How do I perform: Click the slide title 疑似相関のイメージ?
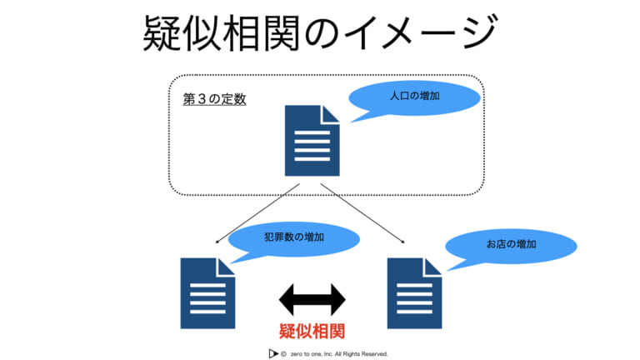click(x=320, y=32)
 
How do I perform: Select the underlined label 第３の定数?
click(x=214, y=99)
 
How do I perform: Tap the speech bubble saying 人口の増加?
click(x=415, y=98)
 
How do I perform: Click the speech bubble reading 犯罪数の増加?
click(x=294, y=239)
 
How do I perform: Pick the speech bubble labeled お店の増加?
click(x=512, y=246)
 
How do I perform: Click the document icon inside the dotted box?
click(x=312, y=141)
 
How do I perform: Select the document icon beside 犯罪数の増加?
click(x=207, y=293)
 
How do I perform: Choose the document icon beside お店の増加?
click(x=414, y=293)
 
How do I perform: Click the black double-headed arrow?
click(x=312, y=300)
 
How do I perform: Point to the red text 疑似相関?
click(x=312, y=331)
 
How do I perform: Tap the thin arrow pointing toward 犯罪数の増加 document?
click(x=257, y=213)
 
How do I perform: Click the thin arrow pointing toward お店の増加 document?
click(x=362, y=213)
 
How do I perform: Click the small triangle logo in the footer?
click(x=273, y=353)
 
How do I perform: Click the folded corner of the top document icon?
click(x=331, y=114)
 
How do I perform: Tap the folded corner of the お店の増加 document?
click(x=433, y=267)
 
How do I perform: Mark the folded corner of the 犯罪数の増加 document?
click(x=227, y=267)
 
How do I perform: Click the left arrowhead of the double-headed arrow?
click(x=286, y=300)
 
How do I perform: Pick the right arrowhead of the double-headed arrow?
click(x=338, y=300)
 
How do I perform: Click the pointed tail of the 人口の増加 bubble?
click(x=352, y=121)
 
